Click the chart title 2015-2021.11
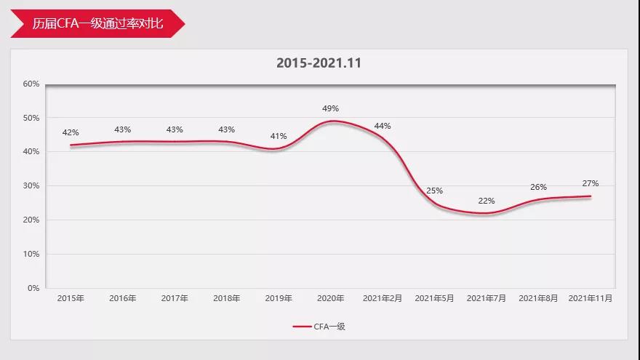click(x=319, y=63)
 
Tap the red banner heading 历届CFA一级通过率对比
click(x=97, y=24)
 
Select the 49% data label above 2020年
click(x=331, y=108)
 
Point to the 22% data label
click(x=487, y=201)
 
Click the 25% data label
click(x=434, y=191)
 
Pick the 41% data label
click(x=279, y=136)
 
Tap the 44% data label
click(x=383, y=126)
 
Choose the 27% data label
click(x=591, y=183)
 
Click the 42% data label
click(x=71, y=132)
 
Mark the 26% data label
click(x=538, y=187)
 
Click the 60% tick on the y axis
click(x=31, y=84)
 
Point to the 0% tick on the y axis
click(x=33, y=288)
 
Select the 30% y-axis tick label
click(x=31, y=185)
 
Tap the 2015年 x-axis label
click(x=71, y=298)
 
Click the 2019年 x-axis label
click(x=279, y=298)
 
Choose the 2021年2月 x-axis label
click(x=383, y=298)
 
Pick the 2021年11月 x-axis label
click(x=591, y=298)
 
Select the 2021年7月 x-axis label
click(x=487, y=298)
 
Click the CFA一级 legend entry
click(x=319, y=327)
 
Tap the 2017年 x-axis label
click(x=175, y=298)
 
